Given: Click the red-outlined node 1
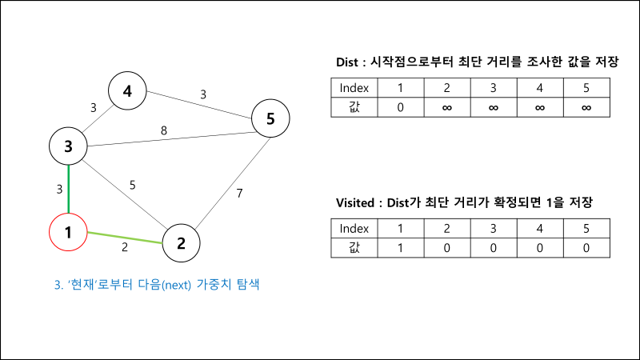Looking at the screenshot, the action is (69, 233).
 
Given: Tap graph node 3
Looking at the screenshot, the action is (69, 146).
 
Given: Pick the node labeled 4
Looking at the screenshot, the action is (127, 92).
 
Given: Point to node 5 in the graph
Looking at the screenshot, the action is (270, 119).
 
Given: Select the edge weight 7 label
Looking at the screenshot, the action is (238, 193).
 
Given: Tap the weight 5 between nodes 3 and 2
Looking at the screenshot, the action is (133, 186).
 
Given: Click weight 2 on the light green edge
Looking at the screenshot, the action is (125, 247).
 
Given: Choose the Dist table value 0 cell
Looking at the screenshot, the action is (401, 107).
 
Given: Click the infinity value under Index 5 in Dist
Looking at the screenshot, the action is (586, 107).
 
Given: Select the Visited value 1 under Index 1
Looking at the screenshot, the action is (401, 247).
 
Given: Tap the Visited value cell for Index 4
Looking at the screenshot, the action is (540, 247).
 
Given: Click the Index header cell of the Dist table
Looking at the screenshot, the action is (354, 87).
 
